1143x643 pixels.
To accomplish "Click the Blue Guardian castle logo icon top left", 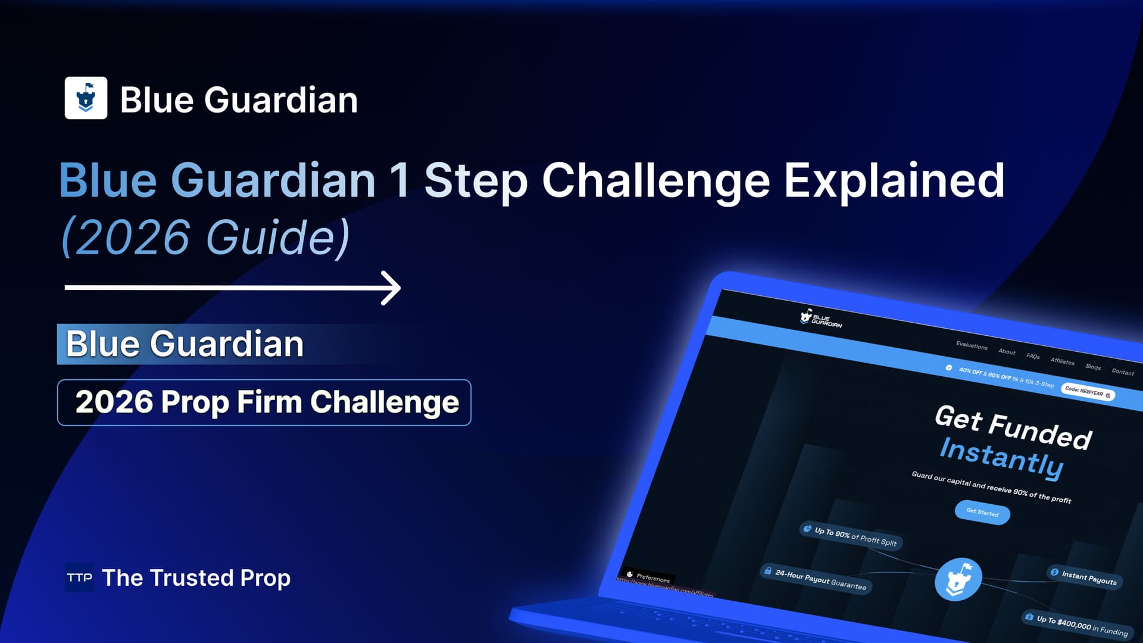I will pyautogui.click(x=86, y=98).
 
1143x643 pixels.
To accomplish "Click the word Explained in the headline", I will pyautogui.click(x=894, y=180).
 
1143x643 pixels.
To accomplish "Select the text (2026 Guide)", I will pyautogui.click(x=205, y=237).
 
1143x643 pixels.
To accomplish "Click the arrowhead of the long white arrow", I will pyautogui.click(x=391, y=288).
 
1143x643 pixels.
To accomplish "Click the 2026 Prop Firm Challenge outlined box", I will pyautogui.click(x=264, y=402).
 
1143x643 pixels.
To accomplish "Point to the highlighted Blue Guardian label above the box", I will pyautogui.click(x=185, y=344).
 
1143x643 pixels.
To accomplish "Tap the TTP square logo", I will pyautogui.click(x=79, y=578).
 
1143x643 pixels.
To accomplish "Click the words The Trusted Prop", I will pyautogui.click(x=196, y=578).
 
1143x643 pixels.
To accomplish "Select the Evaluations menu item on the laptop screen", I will pyautogui.click(x=972, y=345).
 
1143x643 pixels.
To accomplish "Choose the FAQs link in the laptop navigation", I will pyautogui.click(x=1033, y=356).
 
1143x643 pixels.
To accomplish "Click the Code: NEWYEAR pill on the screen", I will pyautogui.click(x=1088, y=393).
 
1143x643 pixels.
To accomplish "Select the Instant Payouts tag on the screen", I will pyautogui.click(x=1085, y=577).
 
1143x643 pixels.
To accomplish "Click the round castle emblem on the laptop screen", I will pyautogui.click(x=958, y=579).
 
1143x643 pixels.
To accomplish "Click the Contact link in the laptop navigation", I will pyautogui.click(x=1122, y=372).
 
